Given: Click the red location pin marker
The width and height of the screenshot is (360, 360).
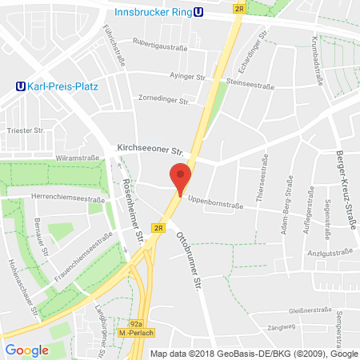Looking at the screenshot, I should coord(181,178).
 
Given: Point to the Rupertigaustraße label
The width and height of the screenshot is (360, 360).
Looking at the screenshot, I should coord(160,47).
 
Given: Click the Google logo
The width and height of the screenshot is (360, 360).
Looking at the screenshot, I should coord(27,349).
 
